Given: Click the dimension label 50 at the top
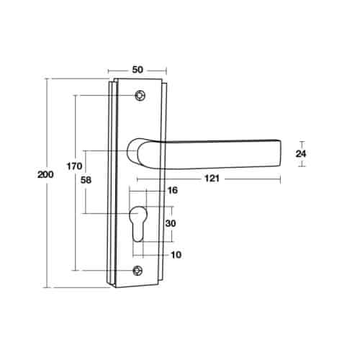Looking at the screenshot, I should (x=138, y=69).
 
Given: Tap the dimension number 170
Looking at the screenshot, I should (x=73, y=167).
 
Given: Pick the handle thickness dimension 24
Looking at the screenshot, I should (x=302, y=153).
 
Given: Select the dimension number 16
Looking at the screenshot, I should (x=171, y=191).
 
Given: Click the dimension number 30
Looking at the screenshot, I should (x=171, y=223).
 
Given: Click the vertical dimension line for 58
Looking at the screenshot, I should (x=86, y=202).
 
